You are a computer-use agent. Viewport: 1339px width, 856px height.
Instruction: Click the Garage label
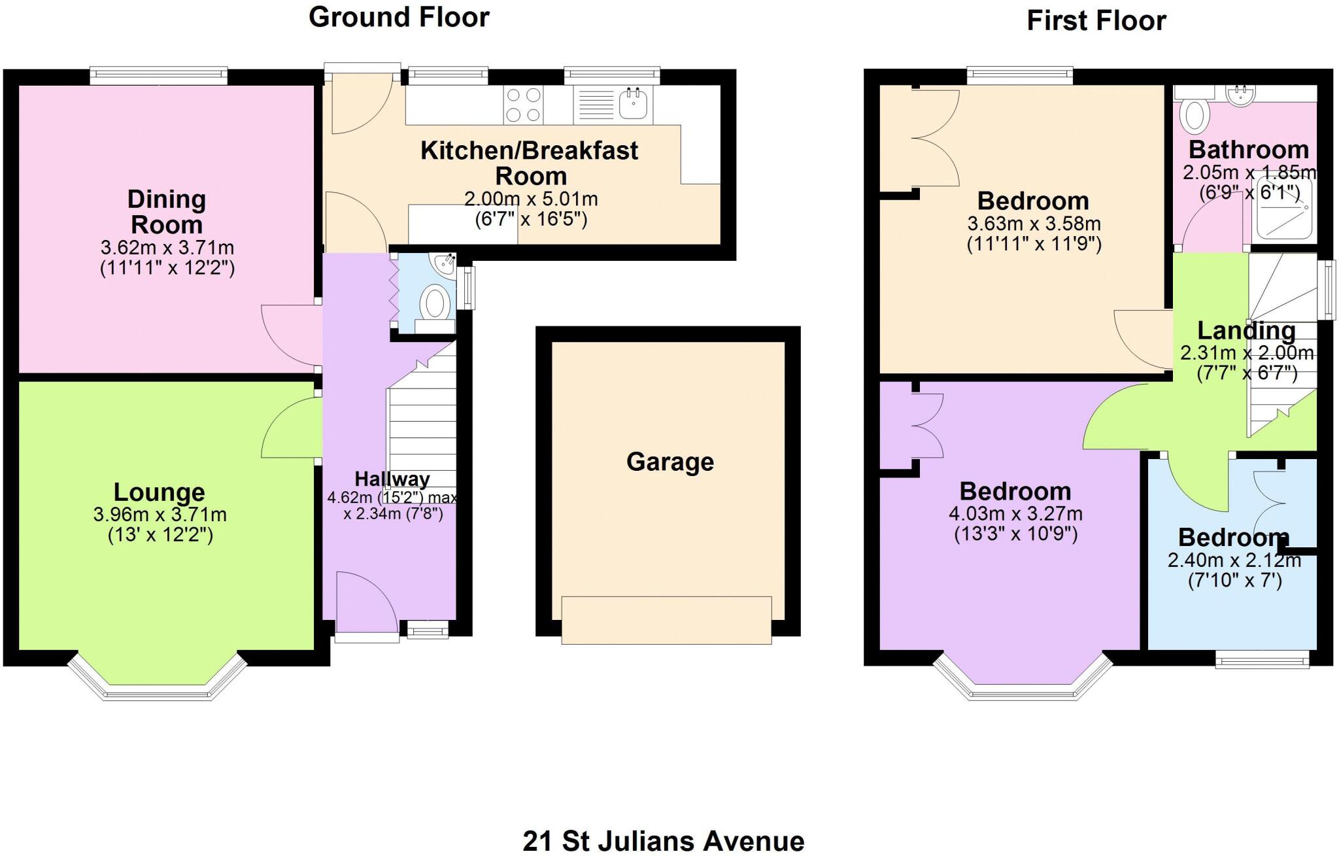click(669, 462)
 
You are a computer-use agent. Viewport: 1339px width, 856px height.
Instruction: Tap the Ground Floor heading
click(399, 17)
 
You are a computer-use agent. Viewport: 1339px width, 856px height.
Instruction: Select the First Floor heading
click(1096, 21)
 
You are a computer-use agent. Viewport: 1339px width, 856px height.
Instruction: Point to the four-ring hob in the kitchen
click(523, 105)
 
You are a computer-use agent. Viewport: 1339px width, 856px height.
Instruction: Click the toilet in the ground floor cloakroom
click(435, 305)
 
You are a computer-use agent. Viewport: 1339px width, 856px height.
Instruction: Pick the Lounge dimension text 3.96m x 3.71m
click(160, 515)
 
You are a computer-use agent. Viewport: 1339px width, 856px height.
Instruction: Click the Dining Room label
click(167, 212)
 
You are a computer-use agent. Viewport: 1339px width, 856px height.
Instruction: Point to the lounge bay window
click(157, 680)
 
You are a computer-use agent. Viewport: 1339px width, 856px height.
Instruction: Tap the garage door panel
click(666, 620)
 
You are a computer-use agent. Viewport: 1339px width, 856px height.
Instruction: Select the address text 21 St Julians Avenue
click(663, 841)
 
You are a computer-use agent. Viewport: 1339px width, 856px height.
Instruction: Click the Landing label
click(1246, 331)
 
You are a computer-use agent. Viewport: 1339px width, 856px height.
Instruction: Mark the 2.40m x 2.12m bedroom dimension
click(1234, 561)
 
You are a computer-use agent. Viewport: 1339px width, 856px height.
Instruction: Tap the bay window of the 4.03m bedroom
click(1022, 680)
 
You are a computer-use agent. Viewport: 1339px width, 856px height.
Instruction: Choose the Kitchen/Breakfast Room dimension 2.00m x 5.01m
click(531, 199)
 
